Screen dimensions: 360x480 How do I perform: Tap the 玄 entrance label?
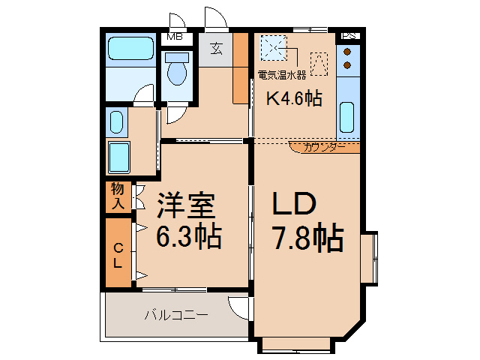(217, 49)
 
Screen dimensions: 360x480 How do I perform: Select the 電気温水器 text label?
(282, 75)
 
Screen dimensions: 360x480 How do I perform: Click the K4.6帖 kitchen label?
(295, 97)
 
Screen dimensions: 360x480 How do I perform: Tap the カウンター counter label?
(325, 147)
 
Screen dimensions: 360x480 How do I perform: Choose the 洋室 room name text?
(186, 205)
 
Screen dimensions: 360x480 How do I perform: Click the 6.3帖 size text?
(188, 236)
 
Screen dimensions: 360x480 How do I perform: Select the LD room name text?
(295, 205)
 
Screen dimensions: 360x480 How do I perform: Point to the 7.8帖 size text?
(307, 238)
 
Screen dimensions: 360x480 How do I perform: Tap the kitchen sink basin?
(347, 117)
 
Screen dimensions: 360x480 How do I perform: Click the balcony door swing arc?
(238, 307)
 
